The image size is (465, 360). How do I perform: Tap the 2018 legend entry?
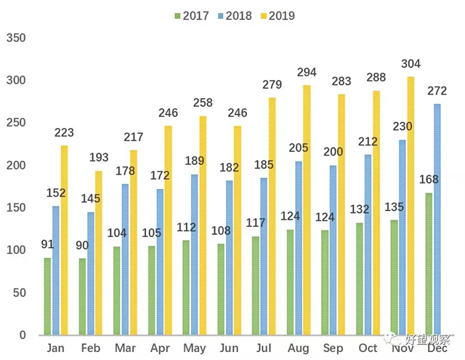[235, 15]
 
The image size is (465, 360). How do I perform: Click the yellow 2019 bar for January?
[65, 240]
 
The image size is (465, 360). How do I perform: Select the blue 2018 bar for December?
[437, 219]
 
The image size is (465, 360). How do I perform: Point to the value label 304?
[411, 63]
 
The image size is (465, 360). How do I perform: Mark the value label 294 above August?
[307, 72]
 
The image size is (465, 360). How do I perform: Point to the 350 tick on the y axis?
[15, 38]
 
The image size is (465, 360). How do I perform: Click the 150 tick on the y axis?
[15, 208]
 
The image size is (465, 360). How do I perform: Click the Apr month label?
[159, 349]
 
